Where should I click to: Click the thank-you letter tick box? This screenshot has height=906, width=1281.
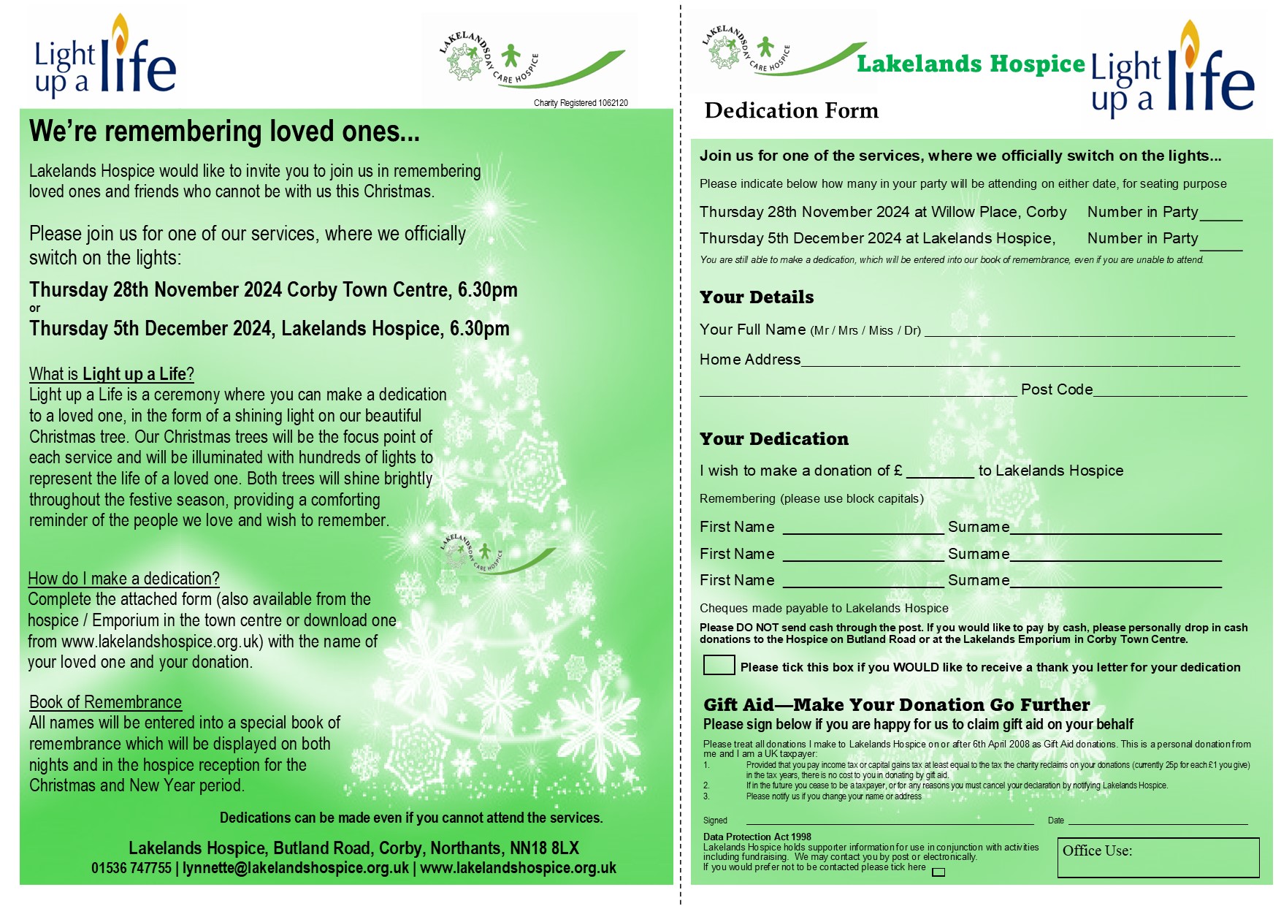coord(719,665)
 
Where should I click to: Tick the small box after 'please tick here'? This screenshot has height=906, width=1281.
coord(938,872)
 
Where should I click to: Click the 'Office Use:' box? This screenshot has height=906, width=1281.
coord(1158,857)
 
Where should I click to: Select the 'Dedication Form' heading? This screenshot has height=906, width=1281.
coord(791,110)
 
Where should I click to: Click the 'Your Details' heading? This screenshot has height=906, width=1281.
coord(757,297)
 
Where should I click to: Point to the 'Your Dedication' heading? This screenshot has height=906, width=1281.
coord(774,439)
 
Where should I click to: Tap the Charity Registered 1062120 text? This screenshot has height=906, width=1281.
coord(581,103)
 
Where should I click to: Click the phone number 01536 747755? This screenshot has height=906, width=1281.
coord(131,868)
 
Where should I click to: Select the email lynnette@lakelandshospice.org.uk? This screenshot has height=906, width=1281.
coord(296,868)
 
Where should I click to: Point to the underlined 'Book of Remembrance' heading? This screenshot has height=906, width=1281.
coord(105,702)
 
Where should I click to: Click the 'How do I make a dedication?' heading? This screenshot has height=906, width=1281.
coord(123,579)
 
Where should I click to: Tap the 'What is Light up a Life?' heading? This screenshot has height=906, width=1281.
coord(112,374)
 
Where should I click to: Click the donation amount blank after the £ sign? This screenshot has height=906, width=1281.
coord(940,471)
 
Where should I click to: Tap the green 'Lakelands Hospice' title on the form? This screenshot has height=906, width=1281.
coord(971,64)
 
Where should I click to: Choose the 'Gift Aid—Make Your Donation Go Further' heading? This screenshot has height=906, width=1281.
coord(896,705)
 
